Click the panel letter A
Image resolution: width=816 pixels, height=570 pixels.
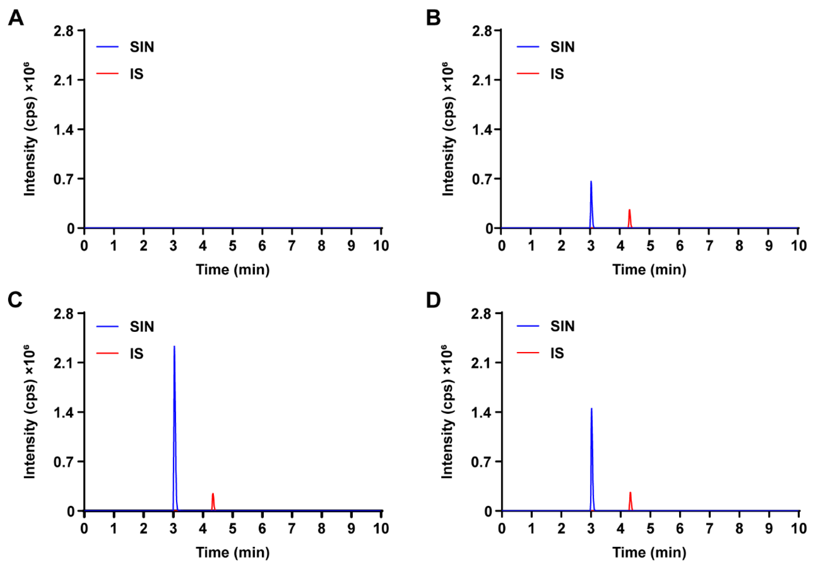tap(16, 18)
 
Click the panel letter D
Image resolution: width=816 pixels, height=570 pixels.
tap(433, 300)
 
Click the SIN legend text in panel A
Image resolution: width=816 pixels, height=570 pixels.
tap(142, 47)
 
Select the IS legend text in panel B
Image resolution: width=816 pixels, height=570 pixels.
tap(557, 74)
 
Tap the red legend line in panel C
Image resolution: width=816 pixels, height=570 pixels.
tap(107, 353)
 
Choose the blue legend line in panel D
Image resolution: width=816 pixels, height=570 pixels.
tap(528, 326)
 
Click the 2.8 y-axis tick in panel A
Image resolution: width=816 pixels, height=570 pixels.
tap(63, 31)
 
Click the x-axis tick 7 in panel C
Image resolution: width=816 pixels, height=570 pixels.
tap(292, 529)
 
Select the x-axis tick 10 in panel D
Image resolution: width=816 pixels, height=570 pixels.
tap(798, 529)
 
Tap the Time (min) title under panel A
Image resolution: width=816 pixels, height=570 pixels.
tap(233, 270)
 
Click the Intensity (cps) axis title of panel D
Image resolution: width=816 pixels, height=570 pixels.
tap(447, 412)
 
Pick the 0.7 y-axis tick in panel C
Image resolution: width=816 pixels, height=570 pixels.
tap(63, 462)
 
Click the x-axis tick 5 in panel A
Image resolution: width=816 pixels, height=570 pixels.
tap(232, 246)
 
